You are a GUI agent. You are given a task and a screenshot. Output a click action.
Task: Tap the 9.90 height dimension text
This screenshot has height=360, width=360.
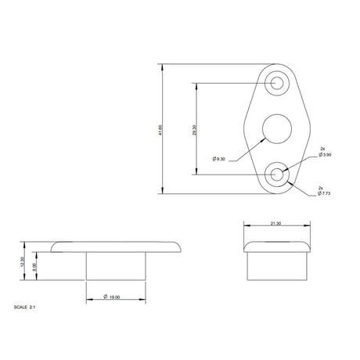point(34,266)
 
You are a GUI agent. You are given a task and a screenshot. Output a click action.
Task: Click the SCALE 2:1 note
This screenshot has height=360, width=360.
point(25,308)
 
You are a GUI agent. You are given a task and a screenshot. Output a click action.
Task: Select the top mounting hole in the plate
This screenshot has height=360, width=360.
point(276,83)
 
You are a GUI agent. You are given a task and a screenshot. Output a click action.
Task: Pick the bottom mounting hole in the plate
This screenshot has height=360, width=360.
point(276,175)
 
